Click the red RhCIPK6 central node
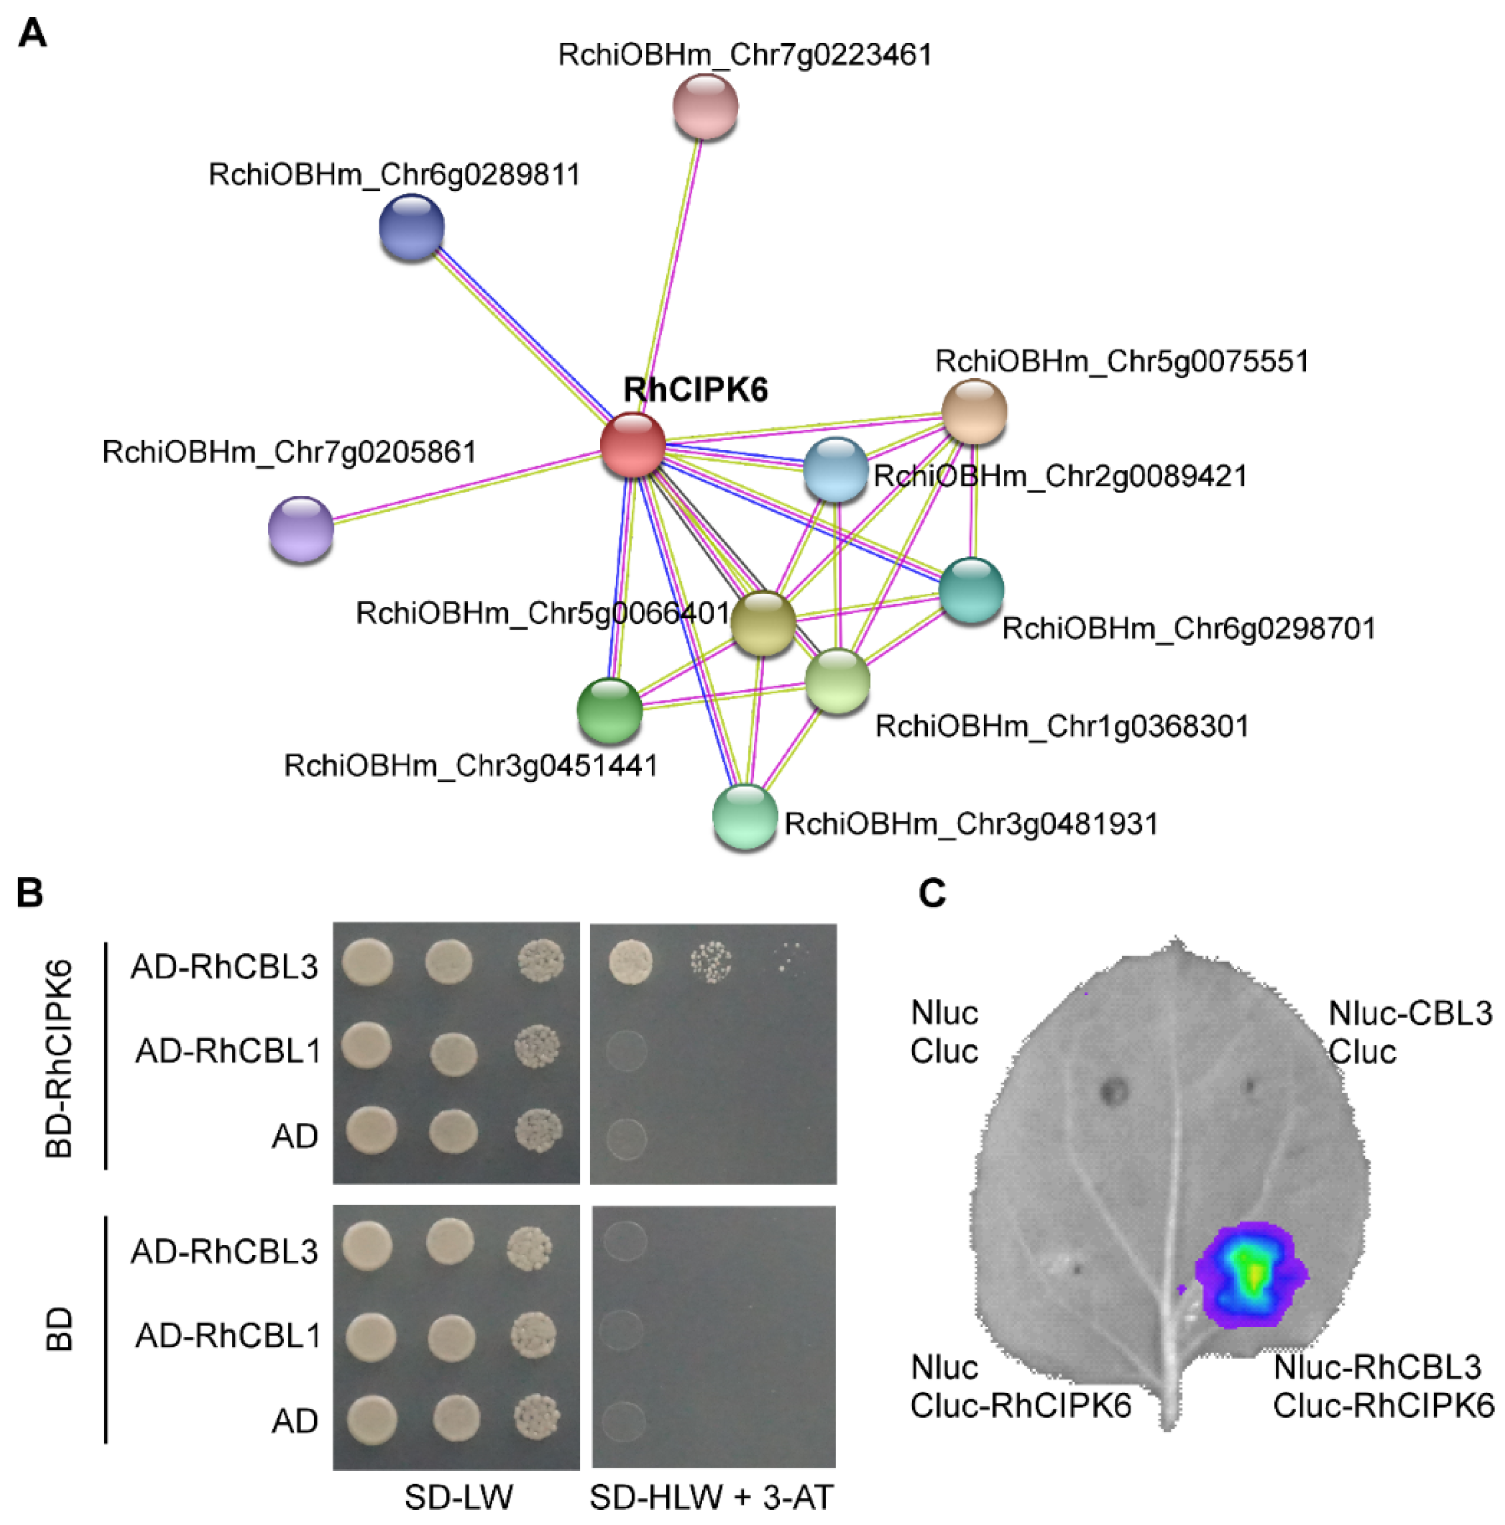point(632,444)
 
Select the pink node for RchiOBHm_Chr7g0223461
point(705,106)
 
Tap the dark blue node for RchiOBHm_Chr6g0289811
point(412,227)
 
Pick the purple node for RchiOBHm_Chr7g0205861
point(301,528)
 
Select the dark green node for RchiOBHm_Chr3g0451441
point(610,709)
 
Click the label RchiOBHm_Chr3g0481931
point(971,824)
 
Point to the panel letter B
point(30,894)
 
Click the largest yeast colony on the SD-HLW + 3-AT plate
point(631,962)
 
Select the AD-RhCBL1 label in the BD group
point(228,1335)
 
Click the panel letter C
point(932,894)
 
